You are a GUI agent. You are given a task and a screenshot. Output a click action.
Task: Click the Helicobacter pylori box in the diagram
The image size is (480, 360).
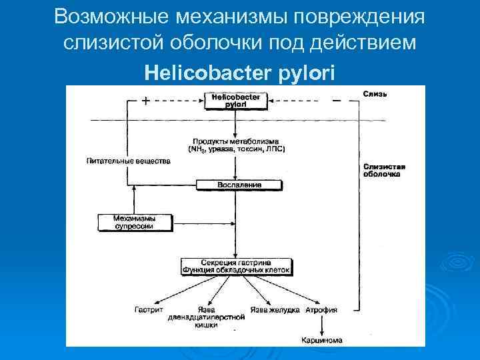236,101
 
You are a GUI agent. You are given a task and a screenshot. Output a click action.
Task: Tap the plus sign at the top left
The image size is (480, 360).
145,101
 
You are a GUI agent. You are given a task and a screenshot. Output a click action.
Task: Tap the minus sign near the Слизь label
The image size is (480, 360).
336,101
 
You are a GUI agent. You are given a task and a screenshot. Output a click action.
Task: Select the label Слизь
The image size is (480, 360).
375,93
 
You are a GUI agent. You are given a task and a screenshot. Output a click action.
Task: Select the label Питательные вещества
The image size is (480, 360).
123,161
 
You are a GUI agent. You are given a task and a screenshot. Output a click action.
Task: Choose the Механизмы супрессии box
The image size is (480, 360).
133,222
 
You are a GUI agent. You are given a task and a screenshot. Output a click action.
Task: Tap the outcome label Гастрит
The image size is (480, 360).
148,310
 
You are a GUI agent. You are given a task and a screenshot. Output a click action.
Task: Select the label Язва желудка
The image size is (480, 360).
275,310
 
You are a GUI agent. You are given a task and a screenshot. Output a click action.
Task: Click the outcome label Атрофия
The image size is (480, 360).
321,310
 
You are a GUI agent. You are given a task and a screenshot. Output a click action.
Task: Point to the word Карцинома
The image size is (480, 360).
321,340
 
